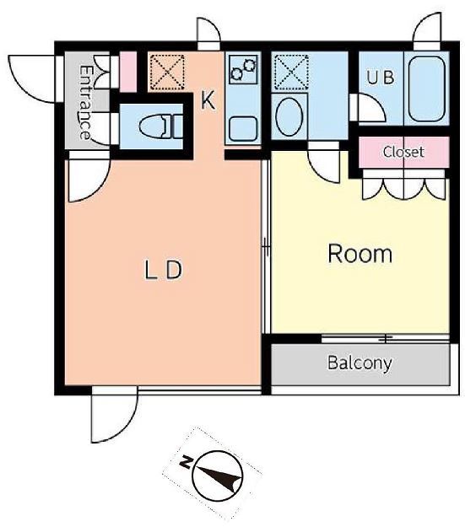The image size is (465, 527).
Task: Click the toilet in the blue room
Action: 161,126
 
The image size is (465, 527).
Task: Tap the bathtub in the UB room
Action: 427,90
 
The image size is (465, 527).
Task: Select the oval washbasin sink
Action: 289,116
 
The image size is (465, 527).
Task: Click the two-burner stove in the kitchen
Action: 243,69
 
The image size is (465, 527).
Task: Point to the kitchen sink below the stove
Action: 243,129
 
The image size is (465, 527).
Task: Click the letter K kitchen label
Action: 208,100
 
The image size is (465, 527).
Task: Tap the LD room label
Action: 163,271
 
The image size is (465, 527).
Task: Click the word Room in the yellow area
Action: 360,254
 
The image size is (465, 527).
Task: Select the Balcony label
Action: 360,363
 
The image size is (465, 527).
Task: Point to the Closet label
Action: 403,152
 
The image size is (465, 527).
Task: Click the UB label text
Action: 381,78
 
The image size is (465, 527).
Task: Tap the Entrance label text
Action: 85,103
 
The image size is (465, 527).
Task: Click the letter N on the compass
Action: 186,462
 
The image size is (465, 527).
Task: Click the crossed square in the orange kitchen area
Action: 167,73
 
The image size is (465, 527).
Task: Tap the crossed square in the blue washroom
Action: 291,73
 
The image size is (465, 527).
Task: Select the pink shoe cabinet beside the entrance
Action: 128,72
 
